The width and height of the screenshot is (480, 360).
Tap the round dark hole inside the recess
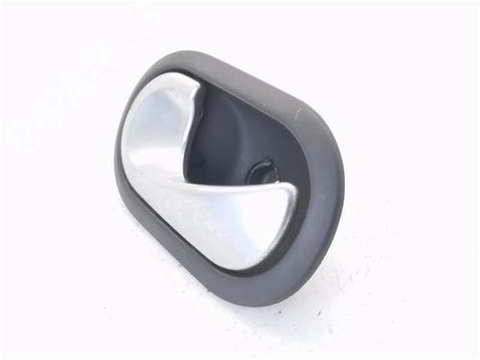[260, 171]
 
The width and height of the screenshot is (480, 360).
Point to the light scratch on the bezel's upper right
[299, 109]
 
